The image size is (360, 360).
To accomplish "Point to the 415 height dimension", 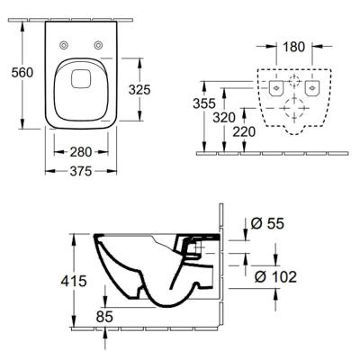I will (x=72, y=282).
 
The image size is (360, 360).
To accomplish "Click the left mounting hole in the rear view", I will (x=274, y=87).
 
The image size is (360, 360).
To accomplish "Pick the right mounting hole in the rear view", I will (x=313, y=87).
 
